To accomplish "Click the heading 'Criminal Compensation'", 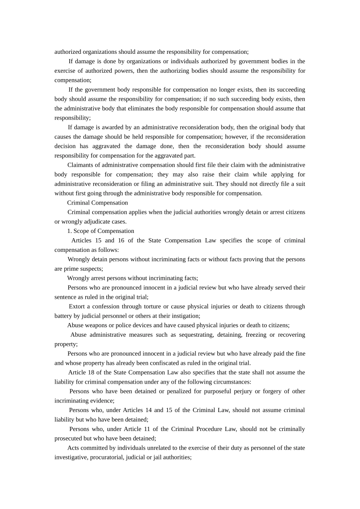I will click(x=97, y=203).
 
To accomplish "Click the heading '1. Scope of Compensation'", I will click(x=100, y=231).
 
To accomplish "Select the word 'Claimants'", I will click(x=80, y=165).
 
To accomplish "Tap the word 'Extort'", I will click(x=77, y=306).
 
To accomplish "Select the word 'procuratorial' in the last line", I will click(x=106, y=457).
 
